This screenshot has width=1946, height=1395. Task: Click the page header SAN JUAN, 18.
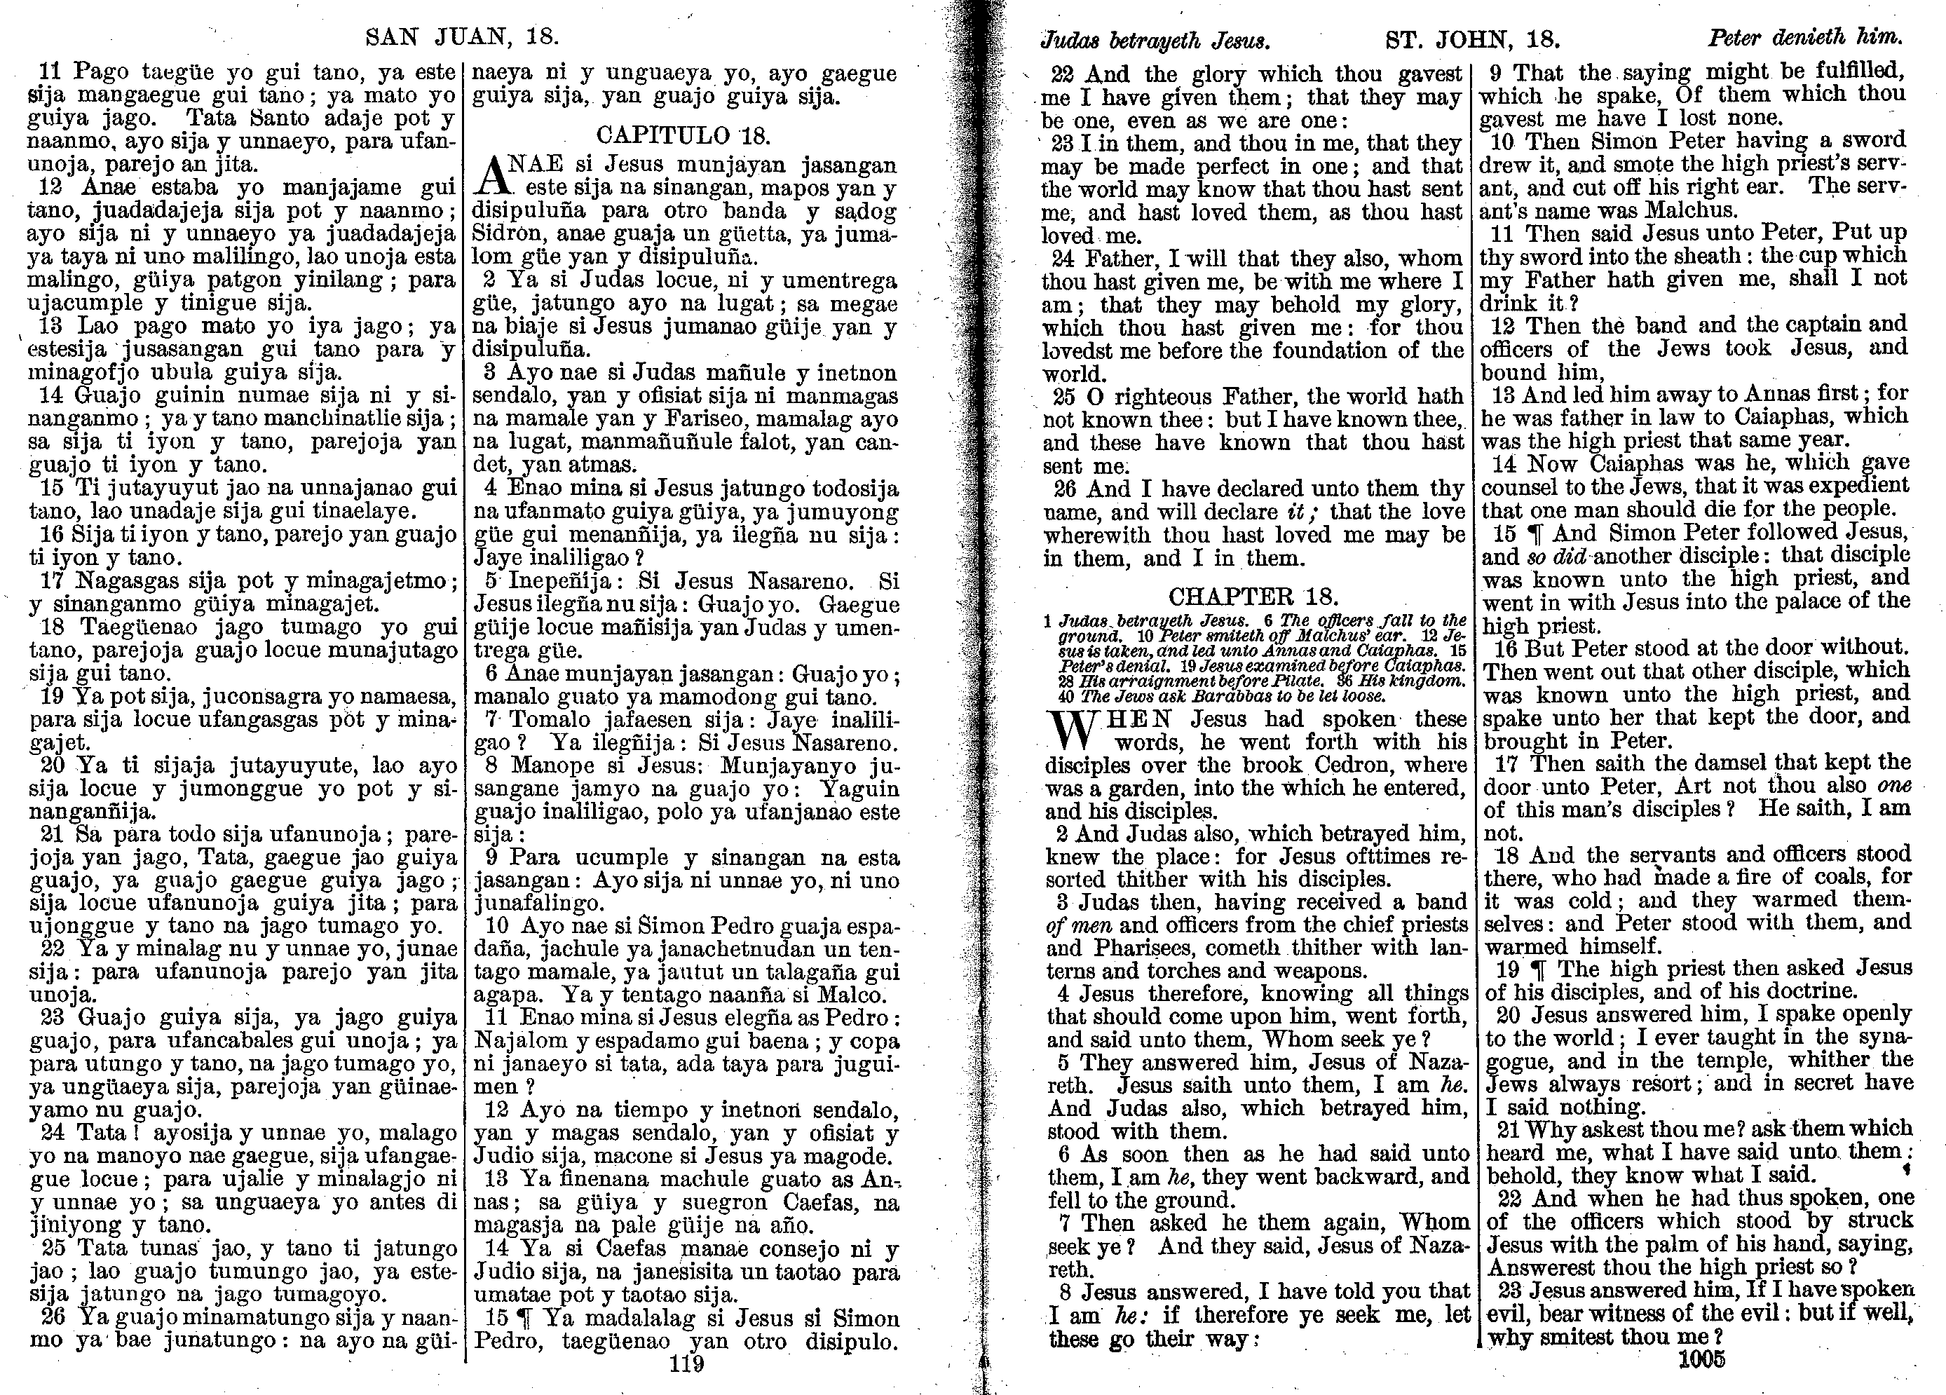tap(462, 37)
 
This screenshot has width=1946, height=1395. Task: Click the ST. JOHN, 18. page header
tap(1472, 39)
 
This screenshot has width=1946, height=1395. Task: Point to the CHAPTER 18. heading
tap(1253, 597)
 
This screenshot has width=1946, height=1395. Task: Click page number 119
tap(686, 1364)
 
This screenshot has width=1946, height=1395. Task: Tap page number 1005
tap(1702, 1359)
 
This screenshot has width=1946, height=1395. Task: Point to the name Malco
tap(855, 995)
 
